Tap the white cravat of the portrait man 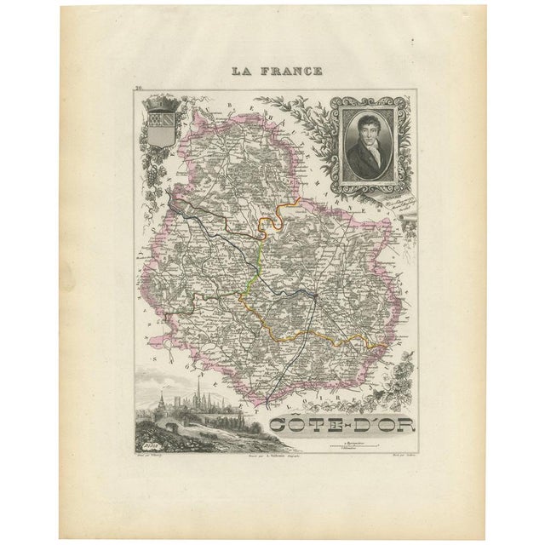(364, 146)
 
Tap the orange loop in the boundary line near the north (271, 223)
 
